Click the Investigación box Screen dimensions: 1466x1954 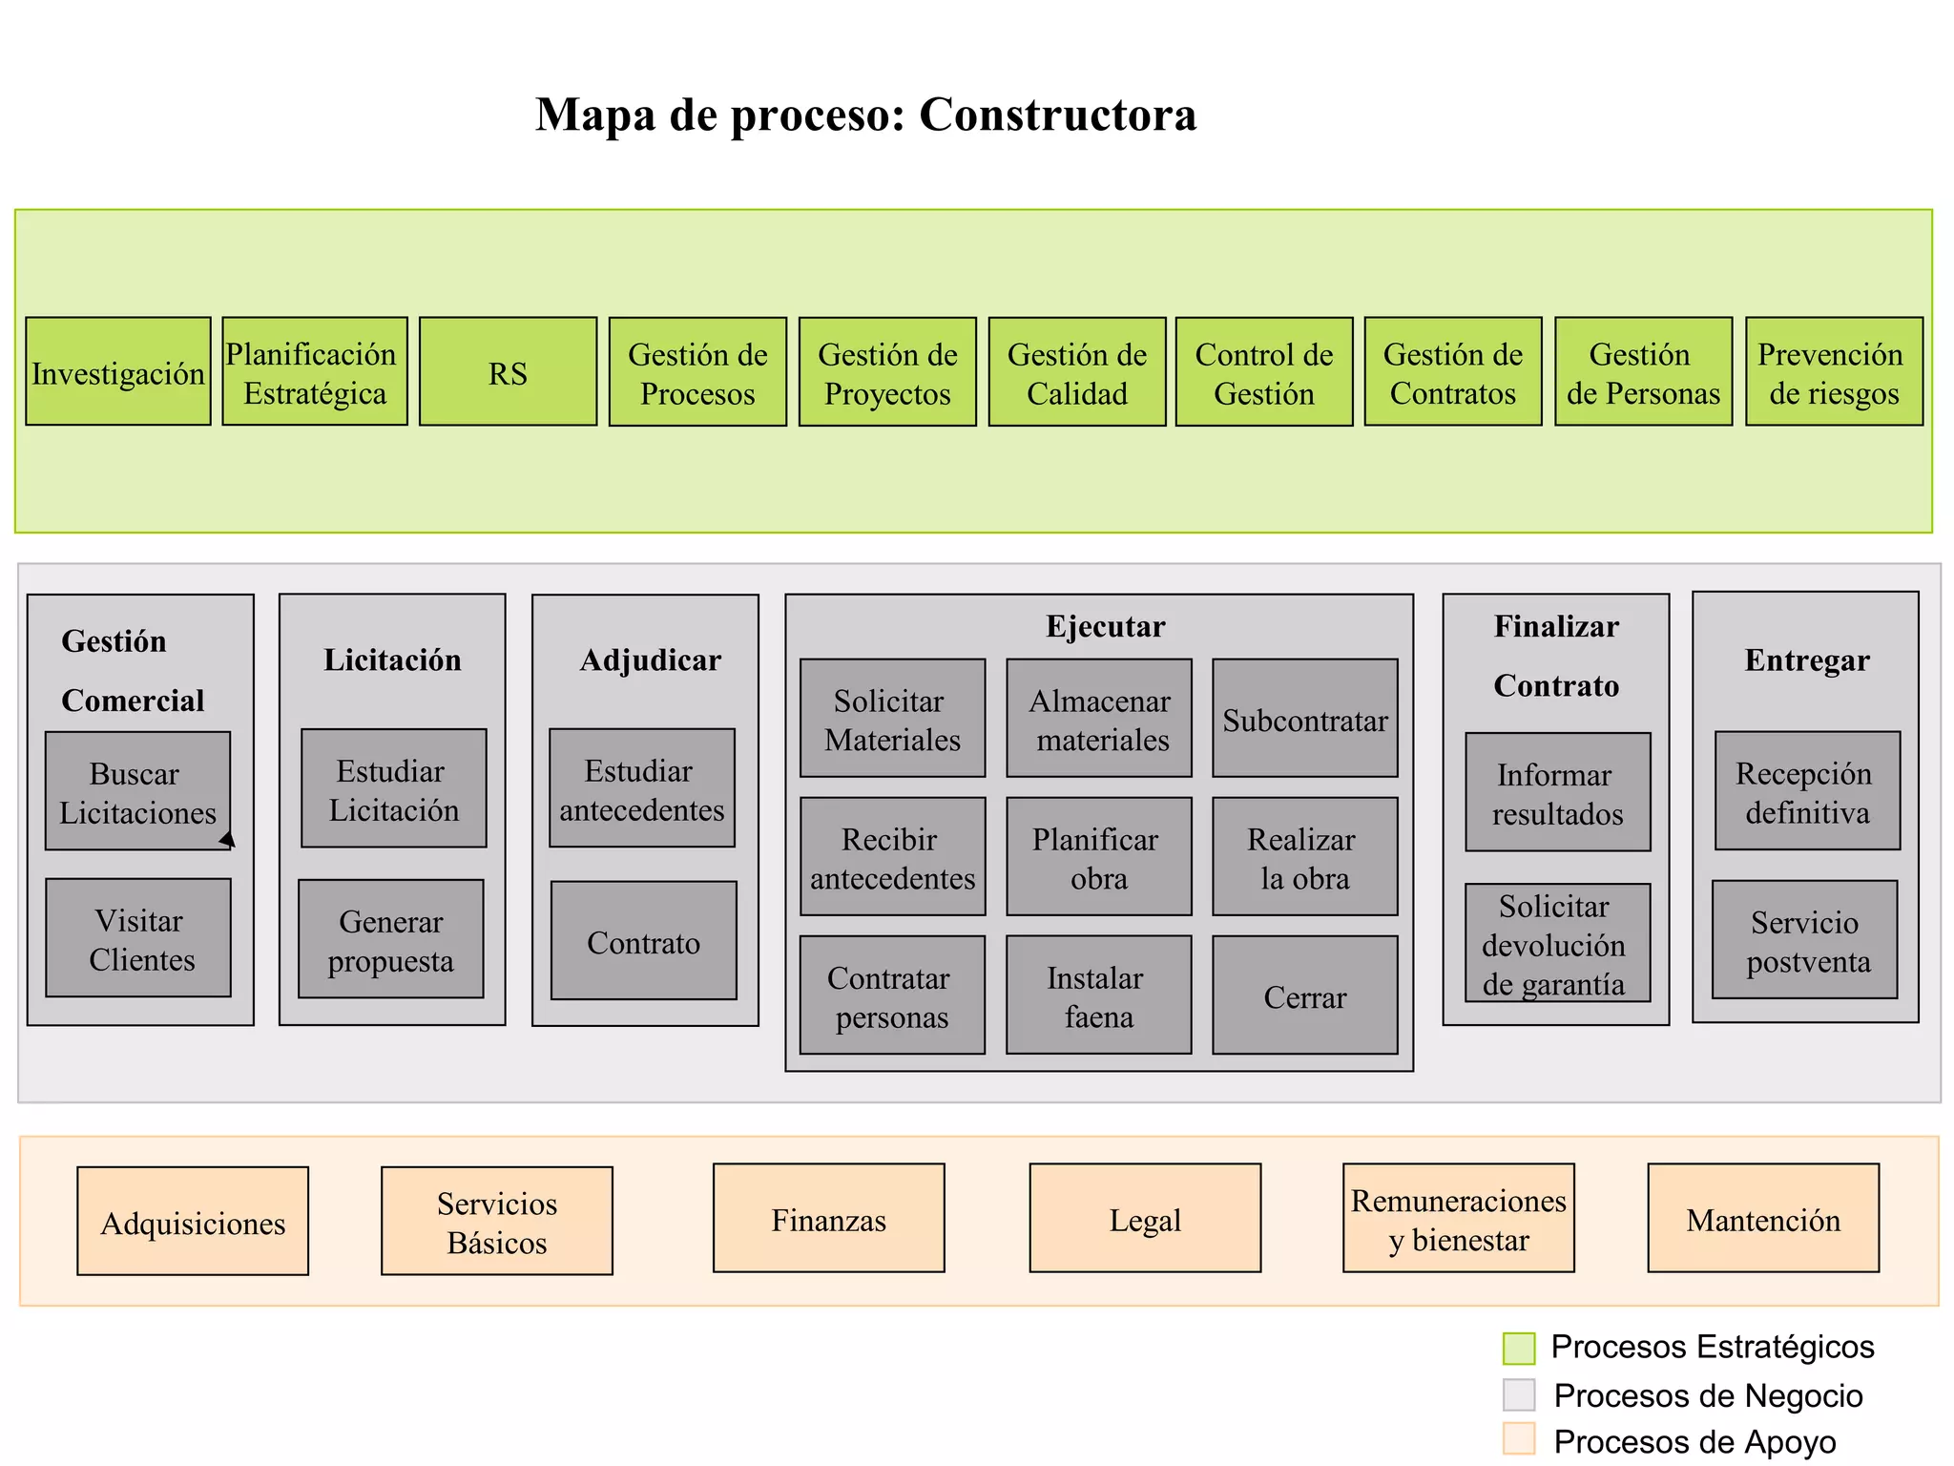118,372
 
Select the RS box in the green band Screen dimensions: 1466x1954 508,372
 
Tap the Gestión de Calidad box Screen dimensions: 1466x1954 1077,372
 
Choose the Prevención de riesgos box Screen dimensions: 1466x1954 1834,372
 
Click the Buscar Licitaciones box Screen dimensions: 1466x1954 137,791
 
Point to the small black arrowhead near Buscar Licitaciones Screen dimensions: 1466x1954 228,840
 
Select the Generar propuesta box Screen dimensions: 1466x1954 391,939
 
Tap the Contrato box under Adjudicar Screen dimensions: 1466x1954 644,941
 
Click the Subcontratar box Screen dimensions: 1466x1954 1304,719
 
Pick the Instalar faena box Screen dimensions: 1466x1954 1098,995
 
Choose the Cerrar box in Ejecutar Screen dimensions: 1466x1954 1304,995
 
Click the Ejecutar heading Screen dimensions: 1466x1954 1105,626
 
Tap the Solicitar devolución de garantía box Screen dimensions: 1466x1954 1557,943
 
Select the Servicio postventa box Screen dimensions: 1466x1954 1805,940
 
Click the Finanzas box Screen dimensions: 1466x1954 828,1219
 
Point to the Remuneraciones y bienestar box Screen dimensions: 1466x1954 1458,1219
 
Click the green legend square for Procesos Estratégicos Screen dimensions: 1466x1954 1519,1349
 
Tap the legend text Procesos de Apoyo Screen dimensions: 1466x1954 1694,1441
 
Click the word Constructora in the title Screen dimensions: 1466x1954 1057,115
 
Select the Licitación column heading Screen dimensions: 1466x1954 392,660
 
